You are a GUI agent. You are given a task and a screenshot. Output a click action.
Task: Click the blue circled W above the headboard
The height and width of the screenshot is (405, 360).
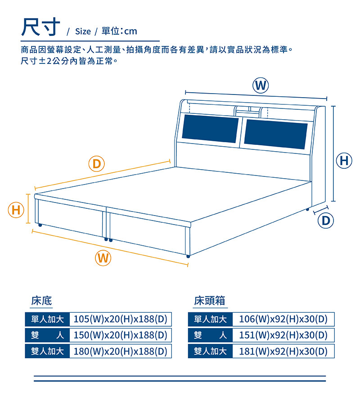(x=261, y=85)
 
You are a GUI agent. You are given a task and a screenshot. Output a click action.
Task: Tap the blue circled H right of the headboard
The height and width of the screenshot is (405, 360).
(x=344, y=161)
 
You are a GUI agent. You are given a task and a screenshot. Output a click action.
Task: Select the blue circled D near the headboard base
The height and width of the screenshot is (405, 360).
(x=326, y=221)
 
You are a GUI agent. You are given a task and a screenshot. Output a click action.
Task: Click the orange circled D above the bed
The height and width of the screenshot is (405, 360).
(x=97, y=164)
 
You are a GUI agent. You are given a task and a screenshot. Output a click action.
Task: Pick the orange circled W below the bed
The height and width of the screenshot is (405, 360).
(x=103, y=258)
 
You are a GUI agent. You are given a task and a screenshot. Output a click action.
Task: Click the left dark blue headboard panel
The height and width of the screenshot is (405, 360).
(x=210, y=129)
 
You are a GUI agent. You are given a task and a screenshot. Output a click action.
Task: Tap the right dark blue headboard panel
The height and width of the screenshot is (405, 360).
(x=276, y=134)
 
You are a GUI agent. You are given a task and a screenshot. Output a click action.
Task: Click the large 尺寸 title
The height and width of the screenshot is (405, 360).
(x=40, y=27)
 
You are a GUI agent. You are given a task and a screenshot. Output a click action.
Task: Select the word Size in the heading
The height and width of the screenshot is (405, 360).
(x=83, y=31)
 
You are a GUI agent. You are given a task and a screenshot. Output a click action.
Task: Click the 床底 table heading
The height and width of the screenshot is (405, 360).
(x=41, y=301)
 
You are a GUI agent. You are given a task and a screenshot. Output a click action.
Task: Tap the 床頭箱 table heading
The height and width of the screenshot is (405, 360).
(x=209, y=301)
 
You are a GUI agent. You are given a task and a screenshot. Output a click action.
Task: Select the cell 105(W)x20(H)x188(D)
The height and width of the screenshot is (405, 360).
(x=121, y=319)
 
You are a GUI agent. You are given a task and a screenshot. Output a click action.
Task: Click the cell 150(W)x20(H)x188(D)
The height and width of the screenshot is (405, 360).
(x=121, y=335)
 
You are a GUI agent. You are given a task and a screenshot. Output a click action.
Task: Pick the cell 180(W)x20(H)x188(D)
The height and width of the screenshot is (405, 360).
(x=121, y=351)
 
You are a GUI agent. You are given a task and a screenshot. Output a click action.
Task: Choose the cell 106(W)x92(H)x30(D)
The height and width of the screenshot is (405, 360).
(x=283, y=319)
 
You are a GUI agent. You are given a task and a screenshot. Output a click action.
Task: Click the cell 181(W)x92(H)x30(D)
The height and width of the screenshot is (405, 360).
(x=283, y=351)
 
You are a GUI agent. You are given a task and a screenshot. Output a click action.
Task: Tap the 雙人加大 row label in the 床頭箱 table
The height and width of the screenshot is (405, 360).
(x=210, y=351)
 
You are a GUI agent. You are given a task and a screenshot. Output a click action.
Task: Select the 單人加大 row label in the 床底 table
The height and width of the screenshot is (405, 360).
(x=47, y=319)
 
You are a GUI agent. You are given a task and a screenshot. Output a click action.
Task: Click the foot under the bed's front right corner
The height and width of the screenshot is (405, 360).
(x=188, y=256)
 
